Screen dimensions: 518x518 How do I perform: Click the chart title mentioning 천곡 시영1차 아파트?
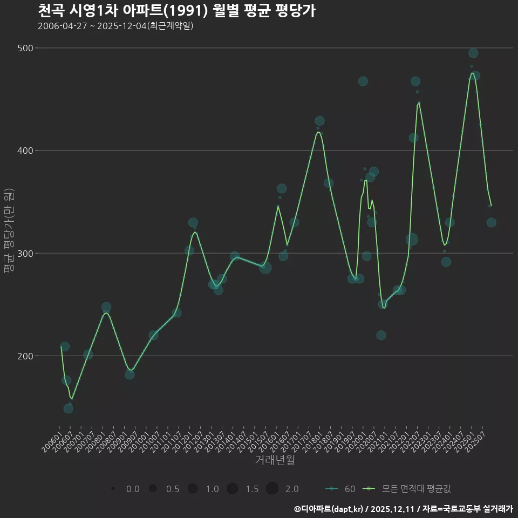tap(176, 11)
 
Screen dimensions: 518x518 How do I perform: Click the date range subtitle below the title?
tap(115, 26)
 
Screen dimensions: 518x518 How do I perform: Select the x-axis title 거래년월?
tap(275, 460)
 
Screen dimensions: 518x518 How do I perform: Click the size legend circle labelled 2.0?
tap(271, 489)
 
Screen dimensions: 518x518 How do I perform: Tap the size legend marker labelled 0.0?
tap(113, 489)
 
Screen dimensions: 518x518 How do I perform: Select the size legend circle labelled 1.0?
tap(192, 489)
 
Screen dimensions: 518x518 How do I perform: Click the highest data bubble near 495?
tap(473, 53)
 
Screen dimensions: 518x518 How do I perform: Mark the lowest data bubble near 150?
tap(69, 408)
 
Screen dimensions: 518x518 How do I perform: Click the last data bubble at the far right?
tap(491, 222)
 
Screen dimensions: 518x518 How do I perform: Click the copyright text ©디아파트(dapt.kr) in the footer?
tap(330, 509)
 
